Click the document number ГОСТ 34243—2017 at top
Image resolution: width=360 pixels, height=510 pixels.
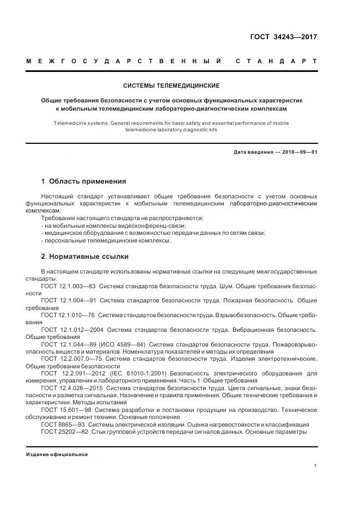pyautogui.click(x=283, y=37)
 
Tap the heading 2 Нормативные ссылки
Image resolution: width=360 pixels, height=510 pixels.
pyautogui.click(x=85, y=256)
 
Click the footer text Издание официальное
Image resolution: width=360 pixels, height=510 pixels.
pyautogui.click(x=57, y=454)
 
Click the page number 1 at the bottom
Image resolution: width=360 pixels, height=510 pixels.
pyautogui.click(x=316, y=465)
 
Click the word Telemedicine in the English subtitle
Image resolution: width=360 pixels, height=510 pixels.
pyautogui.click(x=69, y=124)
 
